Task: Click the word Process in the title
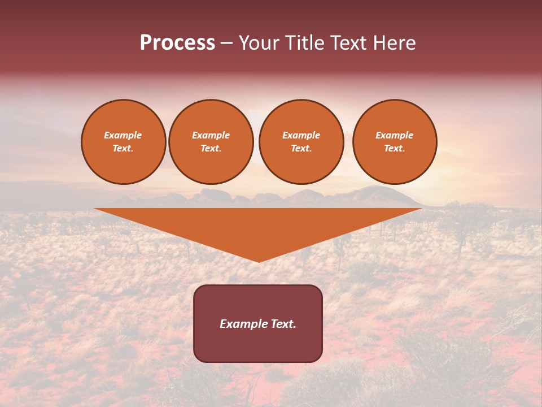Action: pos(177,43)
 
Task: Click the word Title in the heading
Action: pos(302,43)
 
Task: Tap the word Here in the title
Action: pos(394,43)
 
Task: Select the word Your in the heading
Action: pos(259,43)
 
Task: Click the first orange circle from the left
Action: pos(123,142)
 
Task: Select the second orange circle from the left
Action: pos(211,142)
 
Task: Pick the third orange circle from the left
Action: pos(301,142)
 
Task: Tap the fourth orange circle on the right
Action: pos(394,142)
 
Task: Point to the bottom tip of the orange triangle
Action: pos(259,261)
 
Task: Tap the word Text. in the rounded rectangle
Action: pos(283,324)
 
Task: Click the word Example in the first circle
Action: pos(123,135)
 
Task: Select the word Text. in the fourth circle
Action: pos(394,149)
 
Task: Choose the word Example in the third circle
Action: pos(301,135)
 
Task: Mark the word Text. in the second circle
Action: pos(211,149)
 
